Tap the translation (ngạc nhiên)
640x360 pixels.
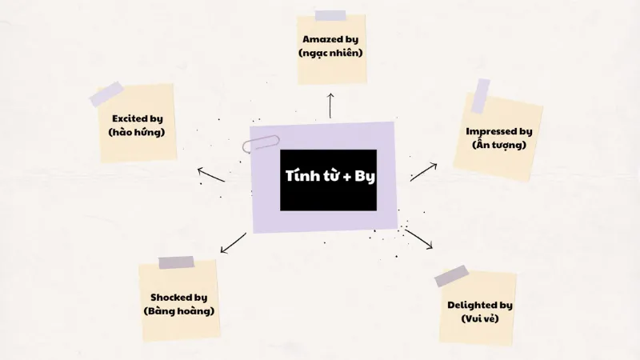pyautogui.click(x=330, y=53)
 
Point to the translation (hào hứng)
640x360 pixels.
pyautogui.click(x=137, y=132)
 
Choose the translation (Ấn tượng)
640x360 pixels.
pyautogui.click(x=499, y=145)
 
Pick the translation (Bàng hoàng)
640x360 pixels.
pyautogui.click(x=179, y=311)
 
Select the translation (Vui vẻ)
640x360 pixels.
pyautogui.click(x=480, y=318)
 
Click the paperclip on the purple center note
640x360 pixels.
pyautogui.click(x=261, y=144)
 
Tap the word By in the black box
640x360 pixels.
pyautogui.click(x=365, y=176)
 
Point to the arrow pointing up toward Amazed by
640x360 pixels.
pyautogui.click(x=330, y=106)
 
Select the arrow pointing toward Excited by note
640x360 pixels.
pyautogui.click(x=211, y=174)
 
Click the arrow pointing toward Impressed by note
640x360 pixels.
pyautogui.click(x=424, y=172)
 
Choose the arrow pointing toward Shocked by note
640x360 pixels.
pyautogui.click(x=233, y=243)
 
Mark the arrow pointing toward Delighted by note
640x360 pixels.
pyautogui.click(x=418, y=239)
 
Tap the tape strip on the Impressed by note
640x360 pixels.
pyautogui.click(x=481, y=96)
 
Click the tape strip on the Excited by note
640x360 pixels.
pyautogui.click(x=106, y=94)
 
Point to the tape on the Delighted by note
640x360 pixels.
pyautogui.click(x=451, y=276)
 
